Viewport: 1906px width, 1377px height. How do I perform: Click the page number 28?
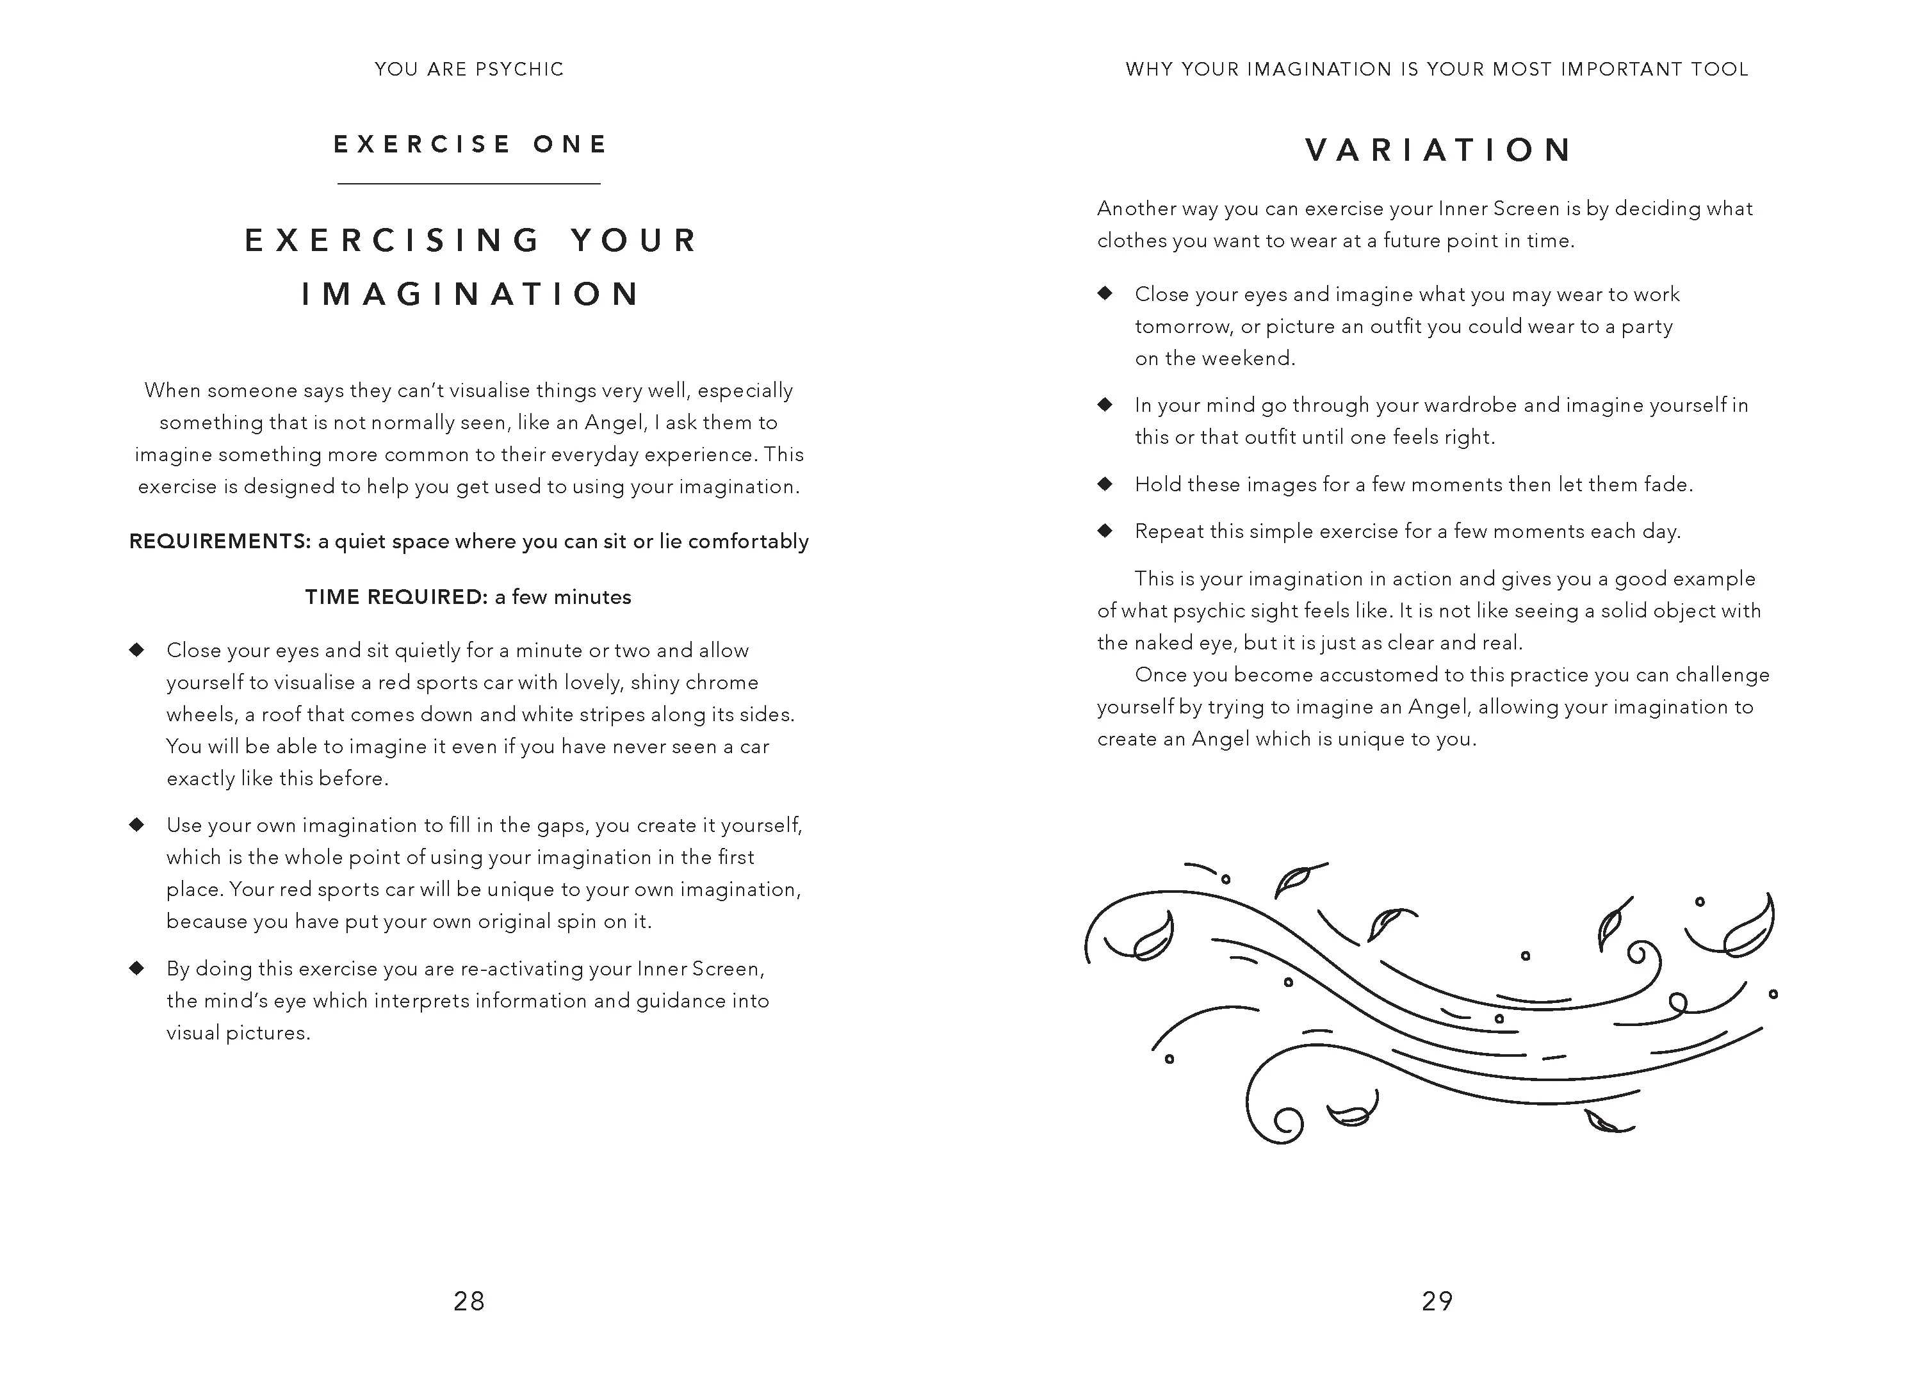[x=469, y=1301]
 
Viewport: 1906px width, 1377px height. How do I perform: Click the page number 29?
[x=1437, y=1301]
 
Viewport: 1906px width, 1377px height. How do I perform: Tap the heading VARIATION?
[x=1438, y=151]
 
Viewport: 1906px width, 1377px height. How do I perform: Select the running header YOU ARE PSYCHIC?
[x=469, y=69]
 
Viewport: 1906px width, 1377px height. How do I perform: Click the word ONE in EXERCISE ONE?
[x=570, y=145]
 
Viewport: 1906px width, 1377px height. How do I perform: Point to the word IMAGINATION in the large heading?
[x=471, y=294]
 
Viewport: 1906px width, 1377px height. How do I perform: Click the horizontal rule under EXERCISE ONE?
[x=469, y=183]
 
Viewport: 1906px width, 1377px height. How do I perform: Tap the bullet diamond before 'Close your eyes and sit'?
[x=137, y=649]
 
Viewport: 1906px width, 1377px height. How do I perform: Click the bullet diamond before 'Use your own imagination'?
[x=137, y=824]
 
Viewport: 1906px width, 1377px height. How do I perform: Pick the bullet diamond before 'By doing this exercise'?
[x=137, y=968]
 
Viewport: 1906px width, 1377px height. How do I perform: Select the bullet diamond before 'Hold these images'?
[x=1105, y=484]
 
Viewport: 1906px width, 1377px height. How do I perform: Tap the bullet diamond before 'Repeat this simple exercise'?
[x=1105, y=530]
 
